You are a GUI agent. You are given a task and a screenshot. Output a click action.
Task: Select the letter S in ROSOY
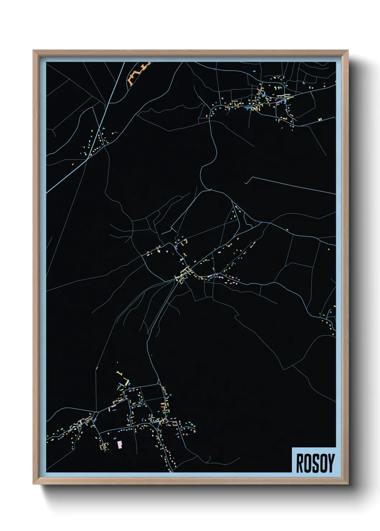coord(315,463)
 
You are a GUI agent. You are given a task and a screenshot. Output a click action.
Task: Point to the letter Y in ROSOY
coord(331,463)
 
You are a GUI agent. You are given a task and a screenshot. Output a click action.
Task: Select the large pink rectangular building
coord(120,445)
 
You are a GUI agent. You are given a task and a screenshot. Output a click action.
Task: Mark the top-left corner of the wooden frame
coord(34,51)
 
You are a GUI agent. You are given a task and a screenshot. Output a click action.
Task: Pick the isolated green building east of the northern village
coord(325,85)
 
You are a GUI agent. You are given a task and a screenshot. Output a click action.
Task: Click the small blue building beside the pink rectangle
coord(115,438)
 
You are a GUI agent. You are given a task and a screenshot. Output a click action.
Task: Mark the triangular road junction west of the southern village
coord(96,416)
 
